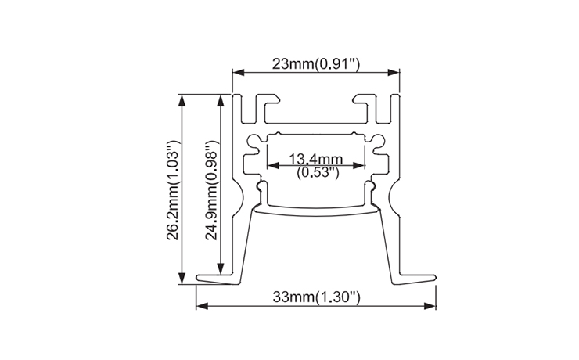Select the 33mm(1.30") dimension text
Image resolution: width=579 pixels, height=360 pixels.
tap(315, 297)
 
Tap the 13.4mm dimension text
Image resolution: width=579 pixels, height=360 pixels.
tap(317, 160)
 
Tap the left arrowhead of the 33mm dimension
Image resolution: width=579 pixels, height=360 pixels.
tap(201, 306)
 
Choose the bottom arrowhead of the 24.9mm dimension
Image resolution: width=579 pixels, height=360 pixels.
tap(220, 267)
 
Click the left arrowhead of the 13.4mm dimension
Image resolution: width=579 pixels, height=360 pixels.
tap(272, 165)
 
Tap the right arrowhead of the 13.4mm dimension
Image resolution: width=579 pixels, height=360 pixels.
tap(362, 165)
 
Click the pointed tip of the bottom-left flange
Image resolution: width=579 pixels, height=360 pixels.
tap(199, 277)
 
